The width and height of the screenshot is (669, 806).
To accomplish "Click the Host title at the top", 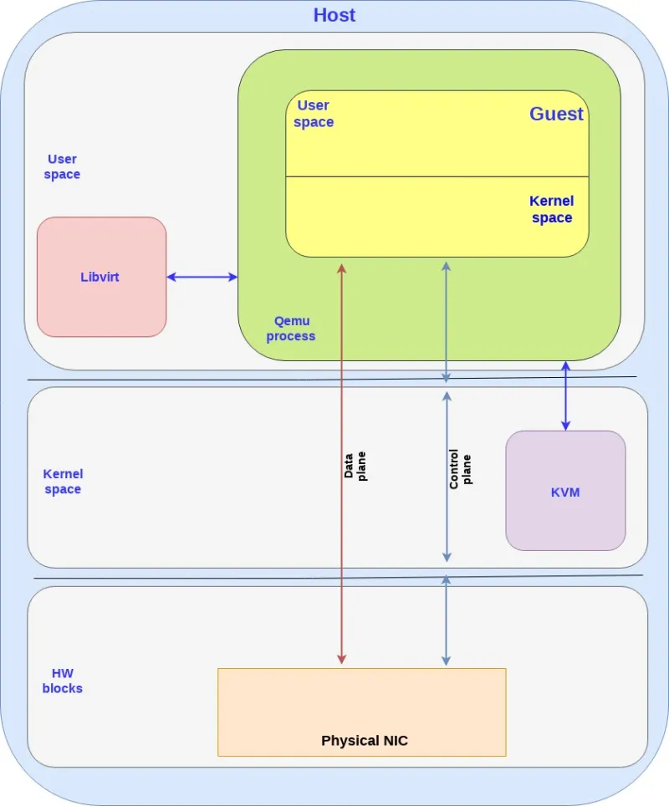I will pos(334,15).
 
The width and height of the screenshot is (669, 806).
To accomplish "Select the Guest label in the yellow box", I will pos(556,115).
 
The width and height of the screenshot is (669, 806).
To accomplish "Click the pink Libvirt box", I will pos(101,277).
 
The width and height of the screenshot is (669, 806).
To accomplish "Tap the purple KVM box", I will pos(565,491).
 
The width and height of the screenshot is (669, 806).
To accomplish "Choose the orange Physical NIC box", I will pos(361,712).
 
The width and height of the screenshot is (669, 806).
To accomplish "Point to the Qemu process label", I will pos(291,329).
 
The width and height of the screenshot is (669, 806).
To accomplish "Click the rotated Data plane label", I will pos(355,466).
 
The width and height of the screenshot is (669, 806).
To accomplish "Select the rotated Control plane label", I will pos(460,469).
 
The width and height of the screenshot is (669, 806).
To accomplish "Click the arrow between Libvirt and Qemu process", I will pos(202,277).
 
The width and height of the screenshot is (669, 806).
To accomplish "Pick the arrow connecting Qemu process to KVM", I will pos(566,395).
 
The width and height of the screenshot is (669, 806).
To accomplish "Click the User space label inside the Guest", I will pos(314,114).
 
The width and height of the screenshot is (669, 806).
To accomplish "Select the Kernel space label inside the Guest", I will pos(552,210).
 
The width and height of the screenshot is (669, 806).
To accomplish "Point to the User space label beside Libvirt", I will pos(63,166).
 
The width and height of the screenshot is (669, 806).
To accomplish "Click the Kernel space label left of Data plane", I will pos(63,482).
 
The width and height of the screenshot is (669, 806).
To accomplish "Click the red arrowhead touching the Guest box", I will pos(342,268).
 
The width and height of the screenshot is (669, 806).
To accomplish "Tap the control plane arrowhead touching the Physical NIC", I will pos(446,660).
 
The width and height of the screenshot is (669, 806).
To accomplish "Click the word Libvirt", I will pos(100,277).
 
